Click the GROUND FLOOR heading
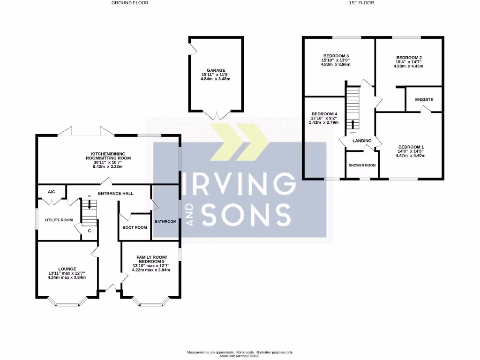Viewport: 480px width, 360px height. point(130,3)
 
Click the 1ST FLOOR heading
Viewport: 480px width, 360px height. point(361,3)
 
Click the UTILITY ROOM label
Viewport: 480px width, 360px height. point(59,220)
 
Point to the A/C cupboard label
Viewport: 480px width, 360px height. point(52,191)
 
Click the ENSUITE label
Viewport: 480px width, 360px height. point(424,100)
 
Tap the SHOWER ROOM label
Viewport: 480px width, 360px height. point(362,165)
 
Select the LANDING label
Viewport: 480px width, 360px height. point(362,141)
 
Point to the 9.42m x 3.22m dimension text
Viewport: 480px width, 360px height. point(111,166)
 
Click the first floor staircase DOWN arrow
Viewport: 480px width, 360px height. point(352,124)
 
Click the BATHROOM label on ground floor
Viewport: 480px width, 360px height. point(165,222)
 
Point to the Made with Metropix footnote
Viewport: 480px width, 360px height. point(240,356)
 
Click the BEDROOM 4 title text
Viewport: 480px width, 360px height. point(324,114)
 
